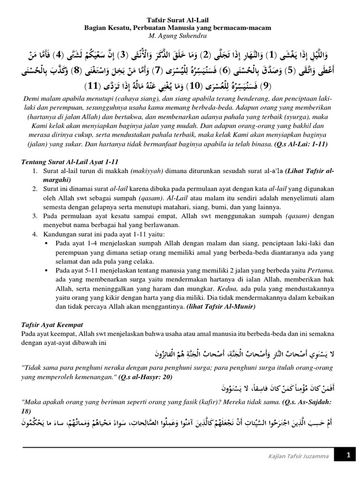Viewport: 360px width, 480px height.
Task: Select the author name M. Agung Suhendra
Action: tap(180, 36)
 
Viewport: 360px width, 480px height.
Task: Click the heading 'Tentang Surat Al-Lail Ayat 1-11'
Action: tap(73, 162)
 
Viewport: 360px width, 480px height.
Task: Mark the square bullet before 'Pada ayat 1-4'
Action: tap(46, 243)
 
